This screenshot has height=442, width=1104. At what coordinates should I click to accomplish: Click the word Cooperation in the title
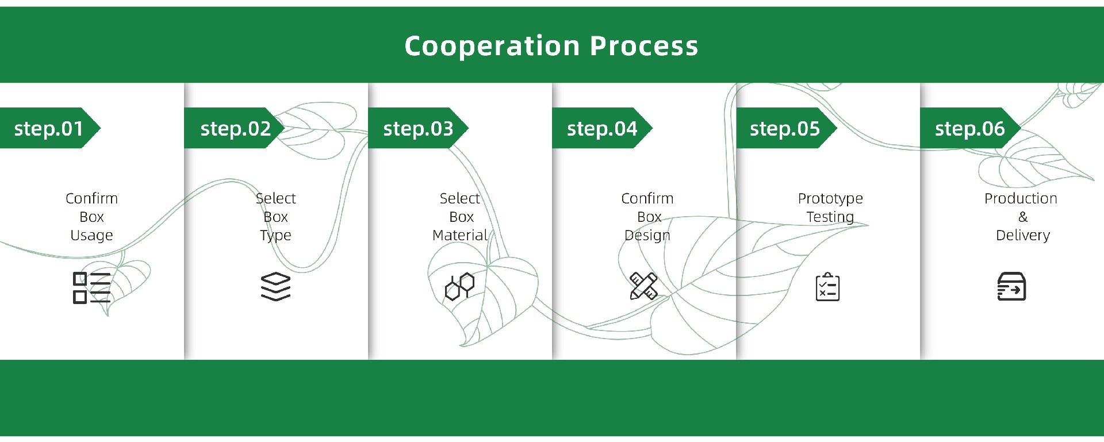(492, 46)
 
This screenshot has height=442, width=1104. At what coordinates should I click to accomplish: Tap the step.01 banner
(49, 128)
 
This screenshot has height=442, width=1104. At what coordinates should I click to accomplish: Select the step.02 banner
(235, 128)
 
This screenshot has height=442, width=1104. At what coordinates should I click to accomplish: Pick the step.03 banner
(418, 128)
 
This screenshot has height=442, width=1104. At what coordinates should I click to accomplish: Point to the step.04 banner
(602, 128)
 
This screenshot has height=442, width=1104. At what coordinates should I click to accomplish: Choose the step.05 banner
(785, 128)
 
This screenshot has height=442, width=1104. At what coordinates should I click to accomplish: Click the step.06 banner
(969, 128)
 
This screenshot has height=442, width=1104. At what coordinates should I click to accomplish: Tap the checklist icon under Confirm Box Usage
(91, 287)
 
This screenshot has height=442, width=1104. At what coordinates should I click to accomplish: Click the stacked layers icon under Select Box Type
(276, 286)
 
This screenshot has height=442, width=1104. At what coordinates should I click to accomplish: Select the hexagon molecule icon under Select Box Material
(459, 286)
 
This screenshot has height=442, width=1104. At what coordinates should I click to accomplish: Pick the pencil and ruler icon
(643, 286)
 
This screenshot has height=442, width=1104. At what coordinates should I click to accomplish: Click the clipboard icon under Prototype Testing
(827, 287)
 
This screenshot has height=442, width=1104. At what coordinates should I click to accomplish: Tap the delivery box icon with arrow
(1011, 287)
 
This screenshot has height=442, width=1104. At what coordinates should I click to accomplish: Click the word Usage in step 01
(91, 235)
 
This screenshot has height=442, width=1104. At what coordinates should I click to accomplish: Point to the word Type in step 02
(275, 235)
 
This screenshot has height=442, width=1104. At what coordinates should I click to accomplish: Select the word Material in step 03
(459, 235)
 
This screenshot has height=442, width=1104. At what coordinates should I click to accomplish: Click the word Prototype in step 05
(830, 199)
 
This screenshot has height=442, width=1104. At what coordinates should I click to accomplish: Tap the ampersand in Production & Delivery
(1023, 217)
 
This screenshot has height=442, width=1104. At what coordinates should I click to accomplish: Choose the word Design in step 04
(647, 235)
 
